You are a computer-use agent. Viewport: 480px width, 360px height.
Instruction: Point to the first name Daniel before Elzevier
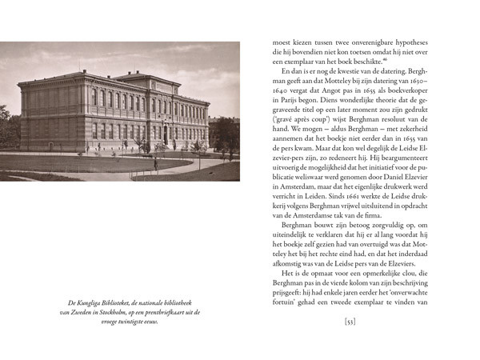pos(395,174)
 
